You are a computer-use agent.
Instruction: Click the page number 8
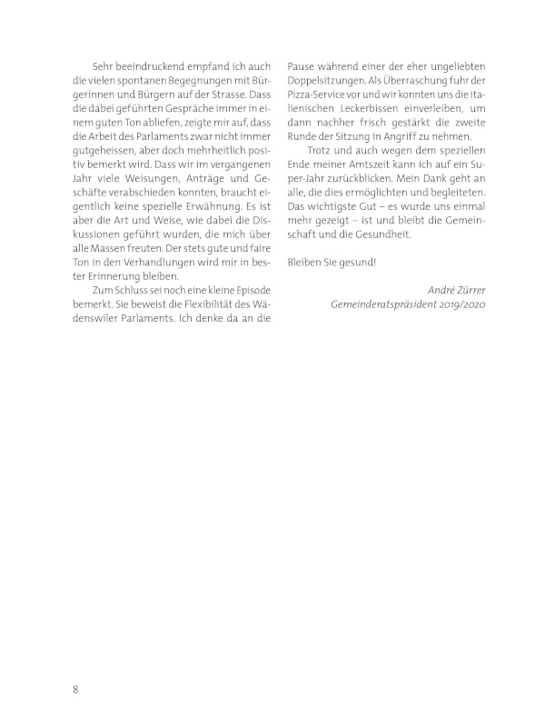click(x=76, y=688)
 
